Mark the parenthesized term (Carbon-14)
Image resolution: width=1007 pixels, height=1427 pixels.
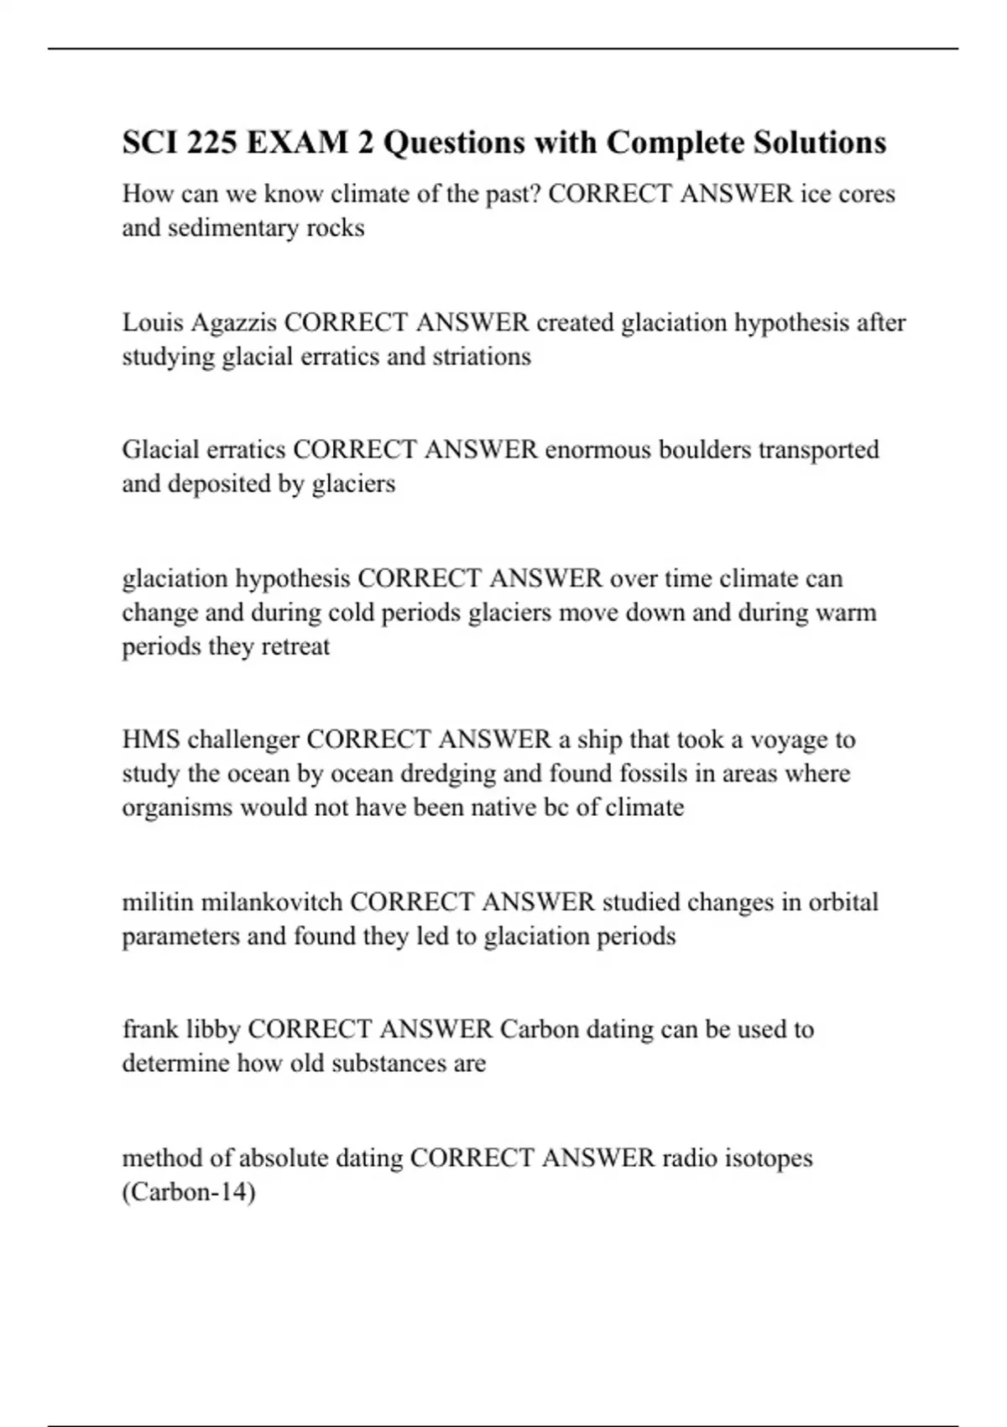[x=189, y=1192]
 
